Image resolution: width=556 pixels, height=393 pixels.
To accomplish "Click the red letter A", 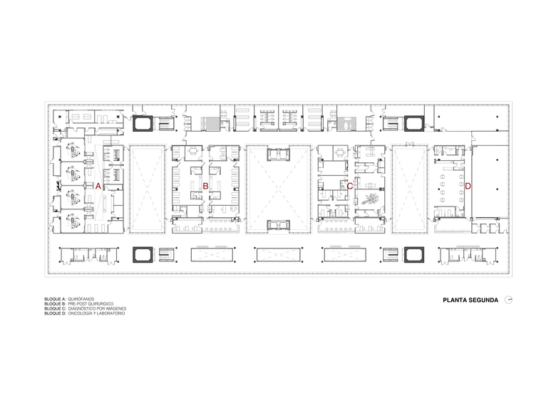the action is [98, 186].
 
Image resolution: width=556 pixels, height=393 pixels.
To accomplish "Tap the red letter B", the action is [205, 186].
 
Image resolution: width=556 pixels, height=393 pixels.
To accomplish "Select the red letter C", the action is [349, 186].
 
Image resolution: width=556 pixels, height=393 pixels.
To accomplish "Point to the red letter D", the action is [468, 186].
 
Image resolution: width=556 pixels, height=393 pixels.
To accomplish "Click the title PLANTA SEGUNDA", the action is [470, 300].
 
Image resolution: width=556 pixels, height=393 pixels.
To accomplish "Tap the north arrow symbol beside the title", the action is [508, 300].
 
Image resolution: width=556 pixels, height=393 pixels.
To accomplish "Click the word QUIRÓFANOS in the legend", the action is [81, 299].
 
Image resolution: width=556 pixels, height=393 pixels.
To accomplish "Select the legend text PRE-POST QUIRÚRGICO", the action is [91, 304].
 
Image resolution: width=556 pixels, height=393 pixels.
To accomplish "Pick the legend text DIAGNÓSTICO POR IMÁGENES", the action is [97, 309].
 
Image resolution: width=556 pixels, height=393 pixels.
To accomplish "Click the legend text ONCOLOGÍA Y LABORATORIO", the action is [96, 313].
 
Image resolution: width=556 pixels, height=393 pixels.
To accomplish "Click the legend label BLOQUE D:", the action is [55, 313].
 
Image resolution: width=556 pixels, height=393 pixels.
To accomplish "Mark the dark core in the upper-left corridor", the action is [143, 124].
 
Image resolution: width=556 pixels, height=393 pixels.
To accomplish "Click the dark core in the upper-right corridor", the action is [414, 124].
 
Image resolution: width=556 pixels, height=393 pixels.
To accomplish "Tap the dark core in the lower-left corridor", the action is [143, 255].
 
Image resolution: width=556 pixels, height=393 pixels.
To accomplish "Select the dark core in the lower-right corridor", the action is [414, 255].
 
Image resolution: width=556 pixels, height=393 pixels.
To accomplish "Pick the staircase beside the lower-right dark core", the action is [391, 255].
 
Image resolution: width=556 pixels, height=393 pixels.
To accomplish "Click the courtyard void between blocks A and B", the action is [147, 189].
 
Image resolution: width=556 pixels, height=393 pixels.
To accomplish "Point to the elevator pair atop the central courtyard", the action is [278, 154].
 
